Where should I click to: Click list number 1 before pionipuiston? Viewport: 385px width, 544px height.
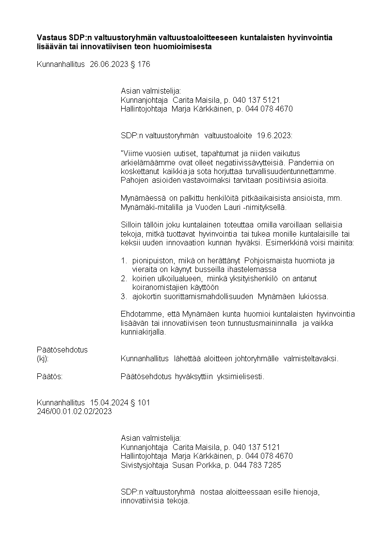[124, 261]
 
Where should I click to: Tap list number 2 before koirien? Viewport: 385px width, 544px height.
[124, 278]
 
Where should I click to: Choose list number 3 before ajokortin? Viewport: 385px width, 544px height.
[124, 296]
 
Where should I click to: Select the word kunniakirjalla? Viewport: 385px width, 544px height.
[143, 332]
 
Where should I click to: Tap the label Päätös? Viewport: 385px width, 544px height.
[49, 377]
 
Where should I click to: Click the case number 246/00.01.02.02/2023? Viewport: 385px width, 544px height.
[74, 411]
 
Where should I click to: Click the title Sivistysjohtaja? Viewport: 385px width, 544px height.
[144, 465]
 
